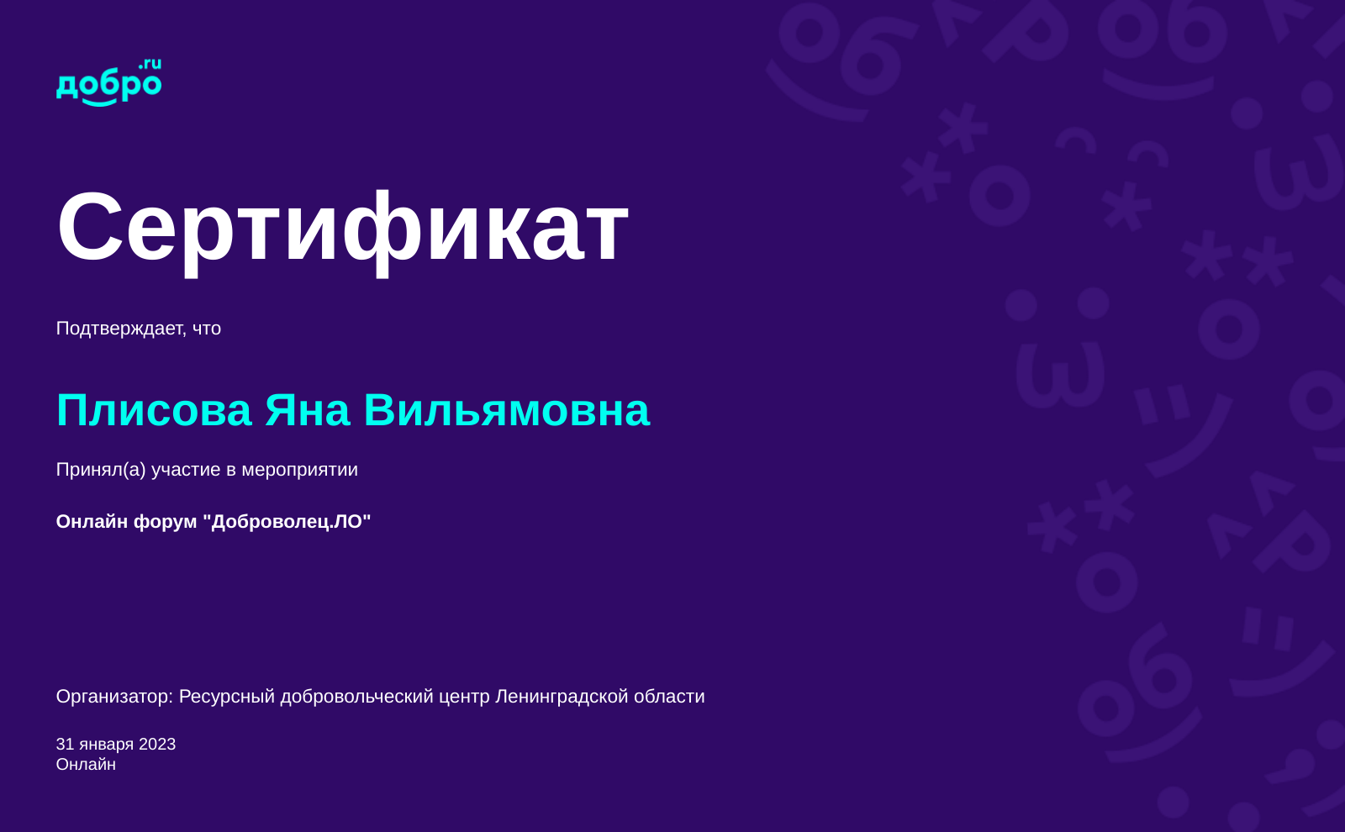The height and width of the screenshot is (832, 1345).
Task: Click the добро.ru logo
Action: [x=108, y=82]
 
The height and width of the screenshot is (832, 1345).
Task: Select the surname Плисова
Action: [x=154, y=411]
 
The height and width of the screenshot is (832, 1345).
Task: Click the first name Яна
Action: [x=308, y=411]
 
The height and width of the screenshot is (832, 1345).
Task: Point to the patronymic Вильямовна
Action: [x=507, y=411]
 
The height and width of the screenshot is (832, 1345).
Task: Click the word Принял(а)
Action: [x=101, y=470]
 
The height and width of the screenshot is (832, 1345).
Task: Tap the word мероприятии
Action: [x=299, y=471]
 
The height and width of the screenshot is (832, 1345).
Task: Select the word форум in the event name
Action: [x=165, y=522]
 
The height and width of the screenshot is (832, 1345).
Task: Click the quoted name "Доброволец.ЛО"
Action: [x=287, y=522]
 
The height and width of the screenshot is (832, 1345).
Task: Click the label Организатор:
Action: [x=114, y=697]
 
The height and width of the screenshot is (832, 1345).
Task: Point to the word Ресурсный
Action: [x=227, y=697]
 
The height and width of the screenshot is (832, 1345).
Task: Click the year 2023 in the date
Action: [x=156, y=745]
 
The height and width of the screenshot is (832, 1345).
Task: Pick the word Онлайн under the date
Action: [x=86, y=765]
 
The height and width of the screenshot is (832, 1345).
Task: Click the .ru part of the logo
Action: [x=150, y=64]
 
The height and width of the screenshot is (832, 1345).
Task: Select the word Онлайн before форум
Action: [x=92, y=522]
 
